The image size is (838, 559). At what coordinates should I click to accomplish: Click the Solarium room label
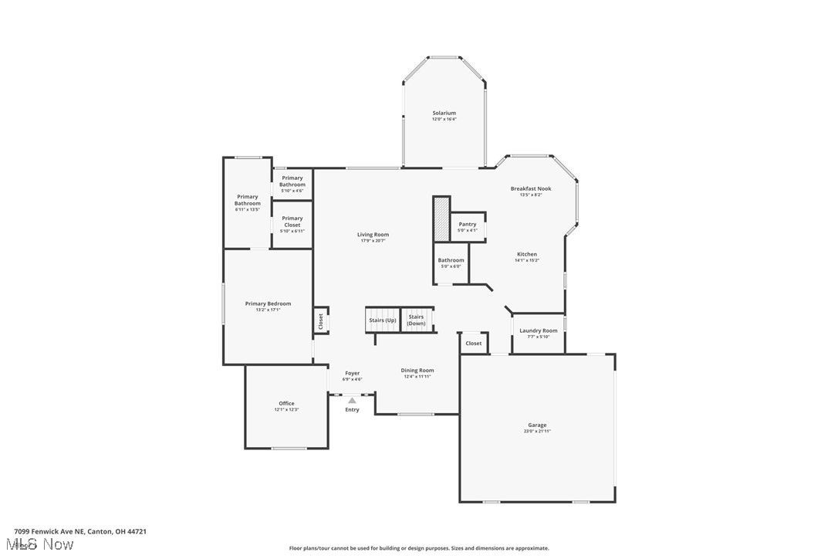(444, 113)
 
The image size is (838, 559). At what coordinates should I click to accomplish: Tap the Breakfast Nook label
(531, 188)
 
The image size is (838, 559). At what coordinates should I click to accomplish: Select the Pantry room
(468, 226)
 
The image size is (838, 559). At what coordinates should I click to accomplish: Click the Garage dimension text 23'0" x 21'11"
(537, 432)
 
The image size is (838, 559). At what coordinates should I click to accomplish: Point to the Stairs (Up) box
(382, 320)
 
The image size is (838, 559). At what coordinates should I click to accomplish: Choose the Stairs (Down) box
(417, 320)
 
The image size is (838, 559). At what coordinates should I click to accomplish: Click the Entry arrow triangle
(352, 401)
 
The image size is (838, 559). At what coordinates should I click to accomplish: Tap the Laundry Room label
(538, 330)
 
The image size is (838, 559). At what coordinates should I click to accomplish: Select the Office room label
(286, 404)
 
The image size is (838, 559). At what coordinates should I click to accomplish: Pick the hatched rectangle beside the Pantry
(441, 219)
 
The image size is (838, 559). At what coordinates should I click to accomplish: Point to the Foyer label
(352, 374)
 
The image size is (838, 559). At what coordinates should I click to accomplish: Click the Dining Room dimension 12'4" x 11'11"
(417, 377)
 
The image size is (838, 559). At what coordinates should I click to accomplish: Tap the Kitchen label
(527, 254)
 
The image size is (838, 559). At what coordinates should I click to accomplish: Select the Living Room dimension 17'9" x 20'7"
(373, 241)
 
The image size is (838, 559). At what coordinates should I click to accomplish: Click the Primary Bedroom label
(268, 303)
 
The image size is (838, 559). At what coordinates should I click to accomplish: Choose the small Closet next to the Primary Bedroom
(321, 321)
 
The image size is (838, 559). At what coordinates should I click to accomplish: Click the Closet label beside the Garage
(474, 344)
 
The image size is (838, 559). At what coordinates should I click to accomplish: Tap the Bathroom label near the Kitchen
(451, 260)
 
